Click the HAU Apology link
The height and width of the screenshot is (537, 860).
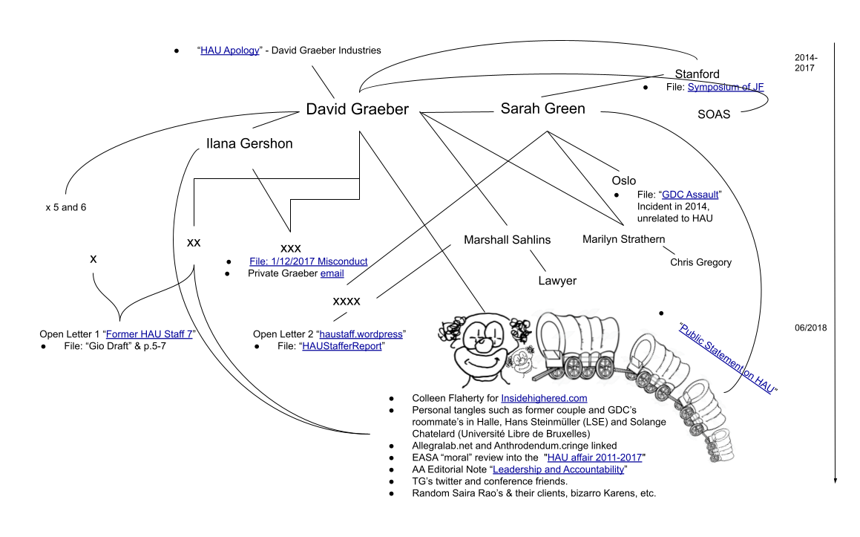click(229, 51)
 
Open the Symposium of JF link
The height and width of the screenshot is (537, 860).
click(725, 87)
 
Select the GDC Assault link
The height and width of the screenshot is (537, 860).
click(690, 195)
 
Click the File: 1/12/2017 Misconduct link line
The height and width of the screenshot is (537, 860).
click(308, 261)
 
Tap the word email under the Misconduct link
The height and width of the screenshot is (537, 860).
click(332, 273)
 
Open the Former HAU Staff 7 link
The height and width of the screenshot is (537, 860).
click(148, 334)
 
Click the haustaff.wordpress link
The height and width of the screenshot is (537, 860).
click(361, 334)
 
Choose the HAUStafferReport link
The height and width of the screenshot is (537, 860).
click(341, 346)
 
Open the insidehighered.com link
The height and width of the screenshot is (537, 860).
click(543, 398)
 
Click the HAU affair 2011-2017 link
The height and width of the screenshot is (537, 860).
click(594, 458)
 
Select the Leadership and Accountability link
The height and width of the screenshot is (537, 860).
click(558, 469)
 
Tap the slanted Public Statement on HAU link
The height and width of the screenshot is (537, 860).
click(726, 359)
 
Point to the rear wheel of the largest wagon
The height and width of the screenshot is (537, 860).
click(574, 367)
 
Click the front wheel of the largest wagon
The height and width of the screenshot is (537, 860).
click(605, 366)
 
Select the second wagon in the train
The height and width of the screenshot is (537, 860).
click(653, 362)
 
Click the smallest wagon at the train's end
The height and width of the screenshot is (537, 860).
click(718, 443)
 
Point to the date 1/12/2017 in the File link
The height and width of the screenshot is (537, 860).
click(293, 261)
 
